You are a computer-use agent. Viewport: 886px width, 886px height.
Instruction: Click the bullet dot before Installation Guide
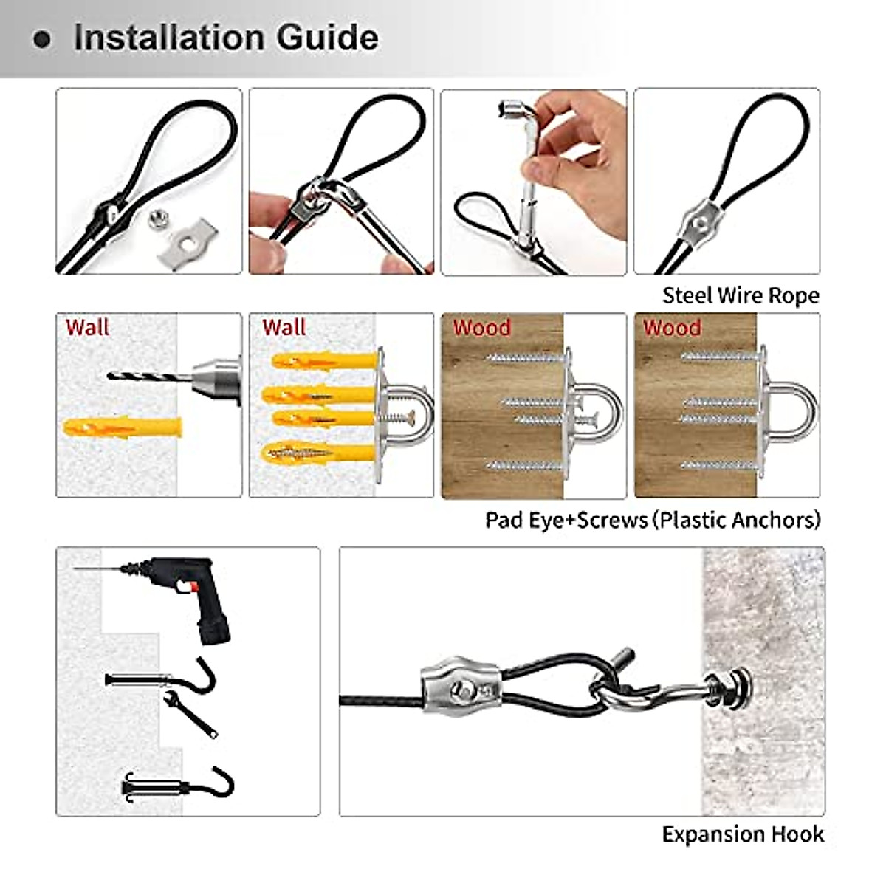(43, 39)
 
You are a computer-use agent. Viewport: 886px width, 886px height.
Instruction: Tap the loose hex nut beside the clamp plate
(157, 218)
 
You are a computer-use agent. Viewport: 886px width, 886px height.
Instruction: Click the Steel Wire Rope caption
(740, 295)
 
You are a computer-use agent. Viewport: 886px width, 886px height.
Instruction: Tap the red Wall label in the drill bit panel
(87, 327)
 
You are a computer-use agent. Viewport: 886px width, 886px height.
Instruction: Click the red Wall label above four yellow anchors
(284, 327)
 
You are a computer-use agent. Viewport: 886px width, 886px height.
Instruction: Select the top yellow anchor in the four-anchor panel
(323, 361)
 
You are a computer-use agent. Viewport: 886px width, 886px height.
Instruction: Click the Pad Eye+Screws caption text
(652, 520)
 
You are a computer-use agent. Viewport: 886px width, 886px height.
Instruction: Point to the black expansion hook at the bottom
(178, 786)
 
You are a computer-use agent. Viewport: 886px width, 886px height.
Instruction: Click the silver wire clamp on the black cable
(461, 692)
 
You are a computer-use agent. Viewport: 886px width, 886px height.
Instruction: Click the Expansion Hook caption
(742, 834)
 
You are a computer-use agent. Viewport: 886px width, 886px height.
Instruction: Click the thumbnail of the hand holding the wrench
(533, 182)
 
